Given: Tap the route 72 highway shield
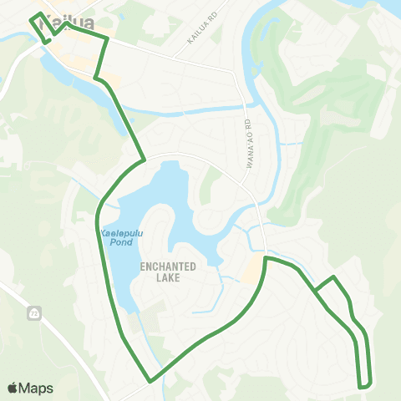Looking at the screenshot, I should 34,314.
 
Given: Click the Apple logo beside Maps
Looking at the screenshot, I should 13,388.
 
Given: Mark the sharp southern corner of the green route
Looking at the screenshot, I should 150,381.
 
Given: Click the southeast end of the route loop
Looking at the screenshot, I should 364,386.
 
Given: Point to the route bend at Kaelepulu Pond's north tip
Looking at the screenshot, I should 145,159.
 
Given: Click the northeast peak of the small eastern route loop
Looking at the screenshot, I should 334,277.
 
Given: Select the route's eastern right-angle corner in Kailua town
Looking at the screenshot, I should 108,38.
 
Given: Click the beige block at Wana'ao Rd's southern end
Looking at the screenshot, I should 252,269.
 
